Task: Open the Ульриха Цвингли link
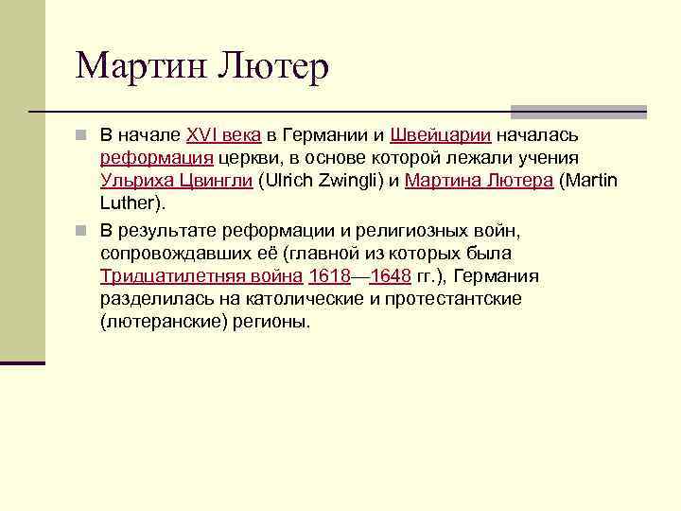(x=176, y=181)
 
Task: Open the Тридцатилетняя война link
(x=201, y=276)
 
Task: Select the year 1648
(x=391, y=276)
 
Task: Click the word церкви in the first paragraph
(x=244, y=158)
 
